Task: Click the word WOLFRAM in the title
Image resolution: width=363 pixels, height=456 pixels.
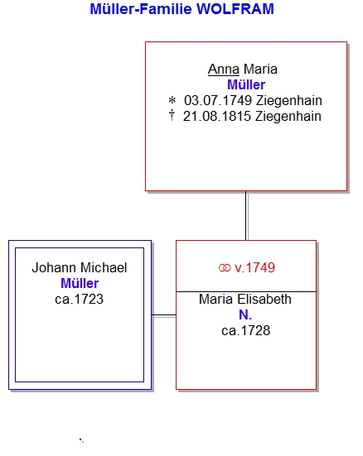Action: pyautogui.click(x=235, y=9)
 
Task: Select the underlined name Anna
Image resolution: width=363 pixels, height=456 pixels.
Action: pyautogui.click(x=224, y=70)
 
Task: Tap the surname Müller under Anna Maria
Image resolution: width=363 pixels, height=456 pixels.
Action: pyautogui.click(x=246, y=85)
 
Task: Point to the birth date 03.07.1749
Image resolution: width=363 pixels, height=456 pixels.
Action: pyautogui.click(x=218, y=101)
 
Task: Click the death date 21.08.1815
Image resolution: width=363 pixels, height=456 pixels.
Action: pyautogui.click(x=217, y=117)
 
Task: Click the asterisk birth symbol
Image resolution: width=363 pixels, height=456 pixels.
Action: pyautogui.click(x=172, y=101)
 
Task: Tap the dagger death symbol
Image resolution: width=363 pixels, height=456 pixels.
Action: pyautogui.click(x=172, y=115)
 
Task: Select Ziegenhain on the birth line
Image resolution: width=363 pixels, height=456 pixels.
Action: pyautogui.click(x=289, y=101)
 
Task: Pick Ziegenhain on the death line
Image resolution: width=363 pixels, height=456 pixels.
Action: pyautogui.click(x=288, y=117)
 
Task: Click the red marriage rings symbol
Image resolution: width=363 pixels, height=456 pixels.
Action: pyautogui.click(x=225, y=268)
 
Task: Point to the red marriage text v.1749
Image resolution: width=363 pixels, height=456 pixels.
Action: pyautogui.click(x=254, y=267)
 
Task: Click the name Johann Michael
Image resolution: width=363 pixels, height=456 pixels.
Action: pyautogui.click(x=80, y=267)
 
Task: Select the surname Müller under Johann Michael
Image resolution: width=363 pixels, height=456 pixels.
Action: pyautogui.click(x=80, y=283)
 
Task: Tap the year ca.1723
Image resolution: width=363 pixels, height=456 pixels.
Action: pyautogui.click(x=79, y=299)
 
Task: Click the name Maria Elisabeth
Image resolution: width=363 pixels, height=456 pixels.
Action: pyautogui.click(x=245, y=299)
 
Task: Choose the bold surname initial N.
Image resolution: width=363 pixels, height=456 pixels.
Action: pyautogui.click(x=245, y=314)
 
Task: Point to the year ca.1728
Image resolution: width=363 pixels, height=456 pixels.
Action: pyautogui.click(x=245, y=330)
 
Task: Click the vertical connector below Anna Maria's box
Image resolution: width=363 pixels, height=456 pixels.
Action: pyautogui.click(x=246, y=216)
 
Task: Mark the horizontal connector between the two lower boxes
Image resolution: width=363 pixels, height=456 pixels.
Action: pyautogui.click(x=164, y=315)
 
